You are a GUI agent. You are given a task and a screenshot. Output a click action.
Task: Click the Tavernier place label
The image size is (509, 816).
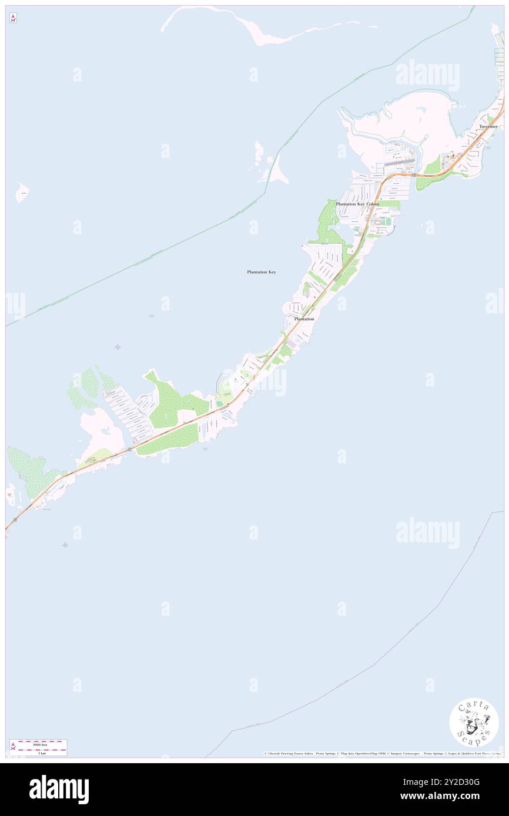pyautogui.click(x=488, y=127)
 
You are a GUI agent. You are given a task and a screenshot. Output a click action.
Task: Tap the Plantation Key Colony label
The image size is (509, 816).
pyautogui.click(x=357, y=204)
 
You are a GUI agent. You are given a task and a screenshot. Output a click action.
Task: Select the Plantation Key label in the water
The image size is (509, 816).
pyautogui.click(x=261, y=272)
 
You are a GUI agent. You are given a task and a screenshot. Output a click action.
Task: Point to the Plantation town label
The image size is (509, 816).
pyautogui.click(x=304, y=319)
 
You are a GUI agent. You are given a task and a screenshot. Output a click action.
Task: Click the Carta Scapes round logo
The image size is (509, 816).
pyautogui.click(x=474, y=721)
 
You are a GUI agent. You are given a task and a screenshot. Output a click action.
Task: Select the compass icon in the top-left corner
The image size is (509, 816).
pyautogui.click(x=13, y=18)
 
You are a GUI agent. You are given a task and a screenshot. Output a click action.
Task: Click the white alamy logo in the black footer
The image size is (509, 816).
pyautogui.click(x=59, y=790)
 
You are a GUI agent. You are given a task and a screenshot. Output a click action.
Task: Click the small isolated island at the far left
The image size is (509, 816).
pyautogui.click(x=22, y=191)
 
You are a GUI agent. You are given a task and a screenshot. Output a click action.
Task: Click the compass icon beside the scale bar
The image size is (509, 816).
pyautogui.click(x=13, y=747)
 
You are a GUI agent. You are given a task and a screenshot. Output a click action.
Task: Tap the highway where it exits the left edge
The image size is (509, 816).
pyautogui.click(x=8, y=527)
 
